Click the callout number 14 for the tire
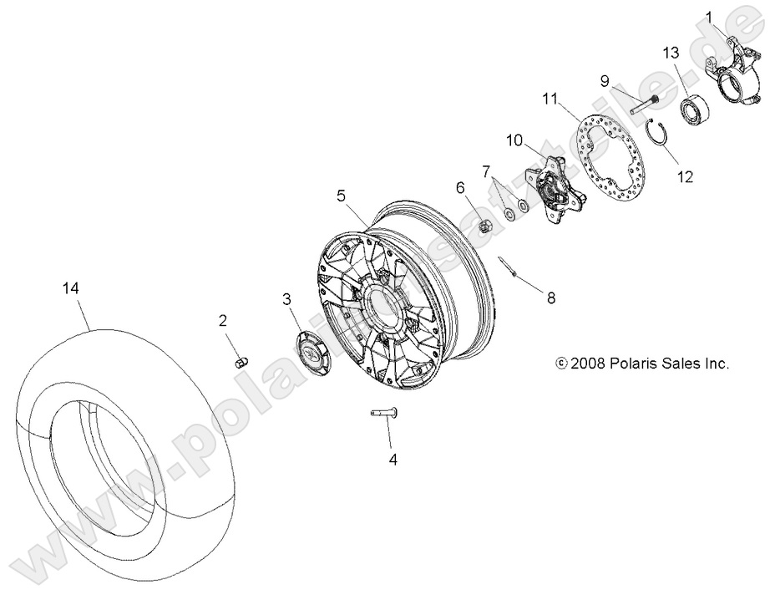click(x=70, y=287)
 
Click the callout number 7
click(x=485, y=170)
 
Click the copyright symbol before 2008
click(x=561, y=364)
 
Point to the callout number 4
click(x=390, y=459)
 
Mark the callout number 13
click(x=671, y=53)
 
